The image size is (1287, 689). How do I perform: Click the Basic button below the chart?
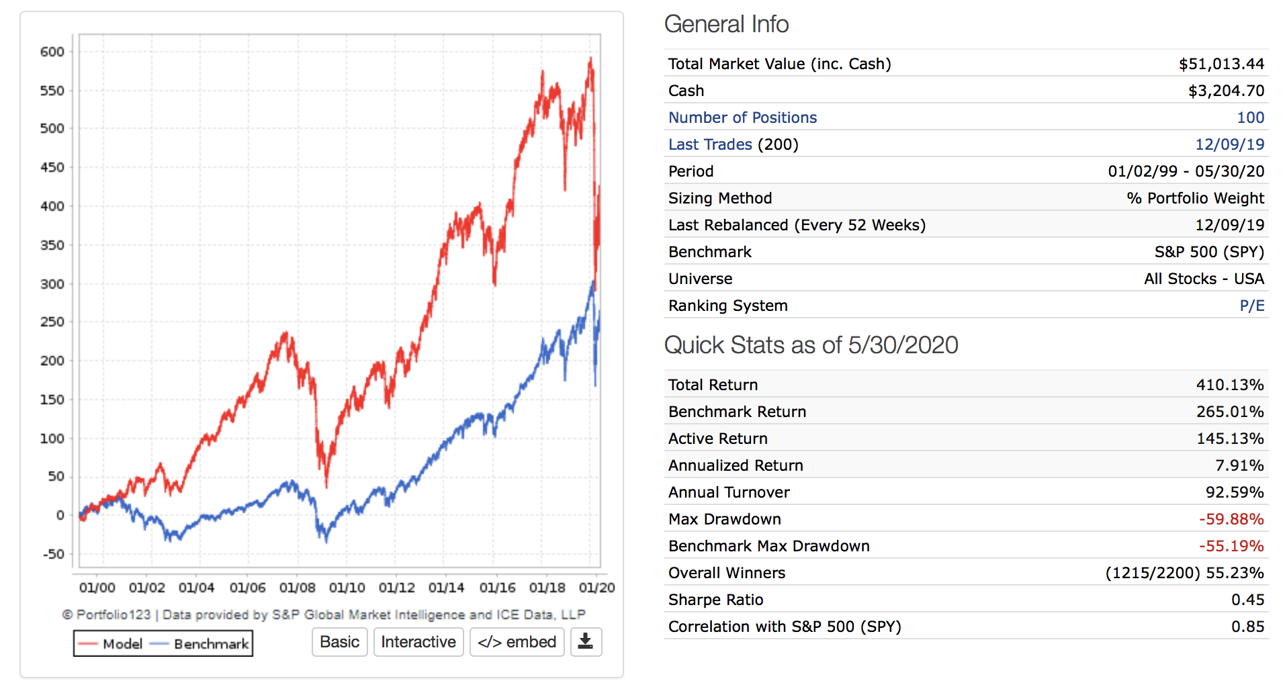pyautogui.click(x=339, y=642)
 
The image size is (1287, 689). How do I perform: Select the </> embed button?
pyautogui.click(x=517, y=642)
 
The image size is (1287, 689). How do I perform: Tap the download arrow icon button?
pyautogui.click(x=586, y=642)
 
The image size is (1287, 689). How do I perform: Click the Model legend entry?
pyautogui.click(x=112, y=644)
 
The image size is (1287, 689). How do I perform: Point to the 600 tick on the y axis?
pyautogui.click(x=52, y=52)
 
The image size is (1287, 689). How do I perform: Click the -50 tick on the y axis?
pyautogui.click(x=54, y=554)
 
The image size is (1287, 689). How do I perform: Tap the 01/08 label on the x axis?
pyautogui.click(x=297, y=588)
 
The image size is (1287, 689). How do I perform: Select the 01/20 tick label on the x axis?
pyautogui.click(x=596, y=588)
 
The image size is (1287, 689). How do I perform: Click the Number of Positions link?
pyautogui.click(x=742, y=118)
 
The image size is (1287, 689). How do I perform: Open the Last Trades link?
pyautogui.click(x=710, y=144)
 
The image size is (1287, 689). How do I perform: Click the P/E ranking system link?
pyautogui.click(x=1251, y=306)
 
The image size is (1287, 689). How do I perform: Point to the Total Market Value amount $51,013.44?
pyautogui.click(x=1221, y=64)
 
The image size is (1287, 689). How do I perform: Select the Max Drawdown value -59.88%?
pyautogui.click(x=1231, y=519)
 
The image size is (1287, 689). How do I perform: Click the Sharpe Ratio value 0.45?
pyautogui.click(x=1247, y=600)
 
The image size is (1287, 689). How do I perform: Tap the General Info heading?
pyautogui.click(x=726, y=24)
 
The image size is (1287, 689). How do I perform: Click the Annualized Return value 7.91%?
pyautogui.click(x=1239, y=465)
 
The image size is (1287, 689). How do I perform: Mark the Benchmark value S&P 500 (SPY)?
pyautogui.click(x=1209, y=252)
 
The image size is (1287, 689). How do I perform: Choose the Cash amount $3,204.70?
pyautogui.click(x=1226, y=91)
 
